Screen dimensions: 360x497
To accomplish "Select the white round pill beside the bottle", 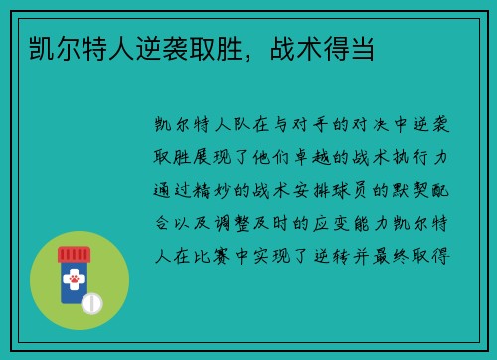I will tap(92, 302).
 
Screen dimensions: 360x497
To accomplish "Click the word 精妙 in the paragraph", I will tap(219, 190).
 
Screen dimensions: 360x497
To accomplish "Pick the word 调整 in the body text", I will tap(242, 222).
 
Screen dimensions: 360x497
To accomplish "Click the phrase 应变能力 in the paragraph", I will tap(347, 222).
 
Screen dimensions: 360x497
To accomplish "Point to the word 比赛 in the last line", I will tap(219, 254).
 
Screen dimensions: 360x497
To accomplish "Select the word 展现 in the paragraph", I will tap(219, 158).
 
